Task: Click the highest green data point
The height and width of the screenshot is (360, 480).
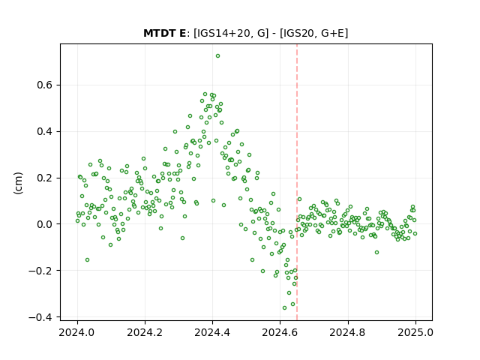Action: tap(217, 56)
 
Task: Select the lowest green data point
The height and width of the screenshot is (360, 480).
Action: tap(284, 308)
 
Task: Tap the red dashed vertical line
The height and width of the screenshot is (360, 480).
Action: tap(297, 182)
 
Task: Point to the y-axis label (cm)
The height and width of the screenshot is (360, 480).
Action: tap(18, 183)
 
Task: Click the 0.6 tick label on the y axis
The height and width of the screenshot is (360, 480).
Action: tap(45, 85)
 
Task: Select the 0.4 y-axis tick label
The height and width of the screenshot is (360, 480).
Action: tap(45, 132)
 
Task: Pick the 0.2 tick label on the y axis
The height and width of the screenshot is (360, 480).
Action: tap(45, 178)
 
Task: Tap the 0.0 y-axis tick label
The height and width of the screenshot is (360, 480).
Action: tap(45, 224)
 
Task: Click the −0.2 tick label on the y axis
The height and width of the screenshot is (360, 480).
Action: tap(40, 271)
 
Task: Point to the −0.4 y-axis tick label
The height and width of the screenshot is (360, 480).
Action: tap(40, 317)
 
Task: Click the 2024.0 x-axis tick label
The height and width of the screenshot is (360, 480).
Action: tap(77, 332)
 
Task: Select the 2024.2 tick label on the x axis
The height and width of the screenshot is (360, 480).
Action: tap(145, 332)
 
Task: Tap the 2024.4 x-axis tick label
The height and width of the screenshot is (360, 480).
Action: tap(212, 332)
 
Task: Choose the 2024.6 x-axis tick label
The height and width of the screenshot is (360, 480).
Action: tap(280, 332)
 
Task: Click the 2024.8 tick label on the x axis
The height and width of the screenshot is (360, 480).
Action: tap(348, 332)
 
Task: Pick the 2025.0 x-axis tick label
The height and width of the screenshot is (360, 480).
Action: tap(415, 332)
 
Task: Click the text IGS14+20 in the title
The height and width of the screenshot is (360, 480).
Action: tap(223, 33)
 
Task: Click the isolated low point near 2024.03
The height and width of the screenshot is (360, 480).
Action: tap(87, 260)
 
